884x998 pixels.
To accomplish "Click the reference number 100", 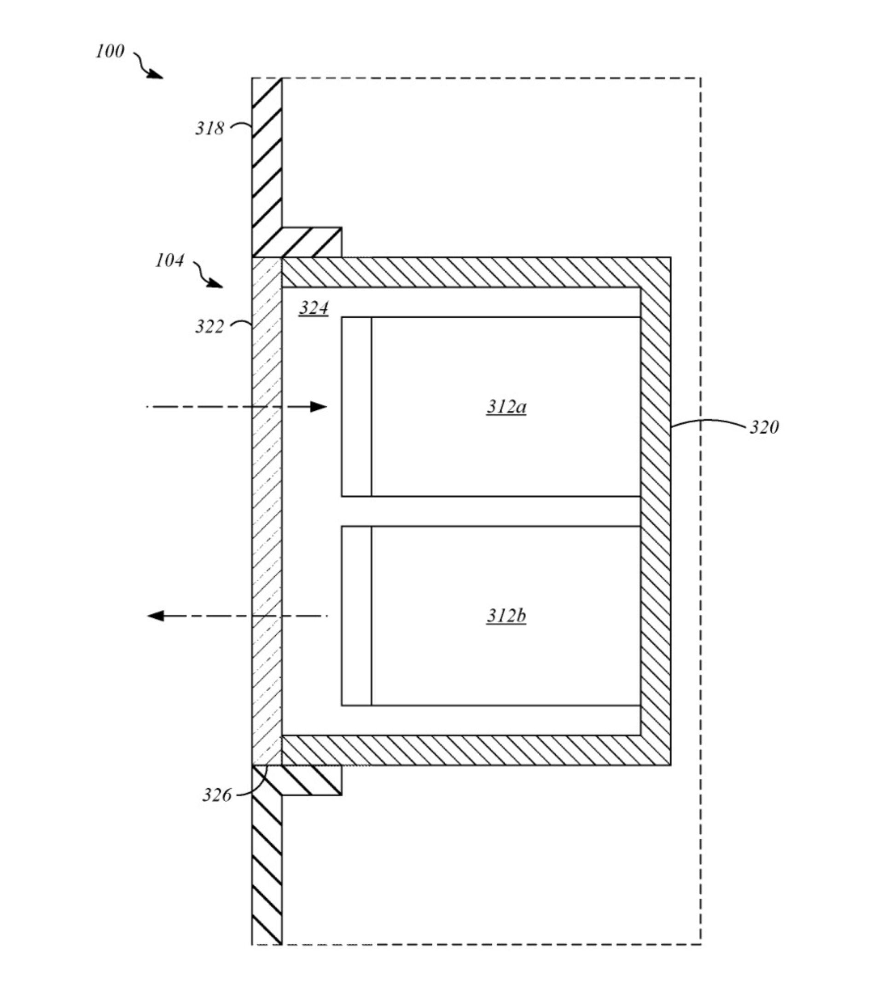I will tap(110, 51).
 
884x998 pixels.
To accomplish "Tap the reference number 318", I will tap(209, 128).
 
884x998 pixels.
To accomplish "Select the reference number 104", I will tap(169, 261).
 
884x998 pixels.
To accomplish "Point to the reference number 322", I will tap(209, 327).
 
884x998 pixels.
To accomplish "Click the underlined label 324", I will tap(313, 308).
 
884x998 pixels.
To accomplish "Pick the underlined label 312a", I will tap(506, 407).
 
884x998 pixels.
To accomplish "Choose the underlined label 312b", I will tap(506, 616).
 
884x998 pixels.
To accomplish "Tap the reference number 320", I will tap(764, 428).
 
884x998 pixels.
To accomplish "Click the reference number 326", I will tap(216, 795).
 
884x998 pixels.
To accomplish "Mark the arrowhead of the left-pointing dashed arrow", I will tap(156, 616).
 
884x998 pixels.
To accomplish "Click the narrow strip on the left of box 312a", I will tap(356, 407).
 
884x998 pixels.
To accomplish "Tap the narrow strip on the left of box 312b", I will tap(356, 616).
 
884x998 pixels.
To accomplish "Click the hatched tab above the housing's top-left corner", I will tap(311, 242).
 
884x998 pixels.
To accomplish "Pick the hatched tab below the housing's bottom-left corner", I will tap(311, 780).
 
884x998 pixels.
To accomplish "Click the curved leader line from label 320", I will tap(709, 422).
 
